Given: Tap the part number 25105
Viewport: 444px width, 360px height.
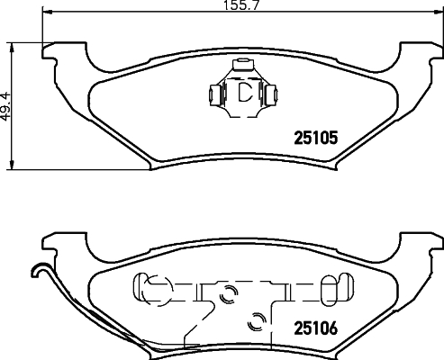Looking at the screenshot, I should pos(315,139).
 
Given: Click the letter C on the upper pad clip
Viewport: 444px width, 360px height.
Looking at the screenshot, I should pos(242,92).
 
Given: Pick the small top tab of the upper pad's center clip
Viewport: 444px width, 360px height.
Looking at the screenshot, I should pos(241,66).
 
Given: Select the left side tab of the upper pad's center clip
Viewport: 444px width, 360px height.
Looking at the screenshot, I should pos(215,93).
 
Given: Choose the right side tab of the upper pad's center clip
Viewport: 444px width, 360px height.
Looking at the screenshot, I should pos(270,93).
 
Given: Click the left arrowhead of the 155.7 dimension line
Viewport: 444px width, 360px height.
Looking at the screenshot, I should pos(48,16).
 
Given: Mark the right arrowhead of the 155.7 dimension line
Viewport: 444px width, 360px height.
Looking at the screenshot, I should pos(439,16).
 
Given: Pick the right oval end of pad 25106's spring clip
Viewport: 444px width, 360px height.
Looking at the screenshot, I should pos(331,288).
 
